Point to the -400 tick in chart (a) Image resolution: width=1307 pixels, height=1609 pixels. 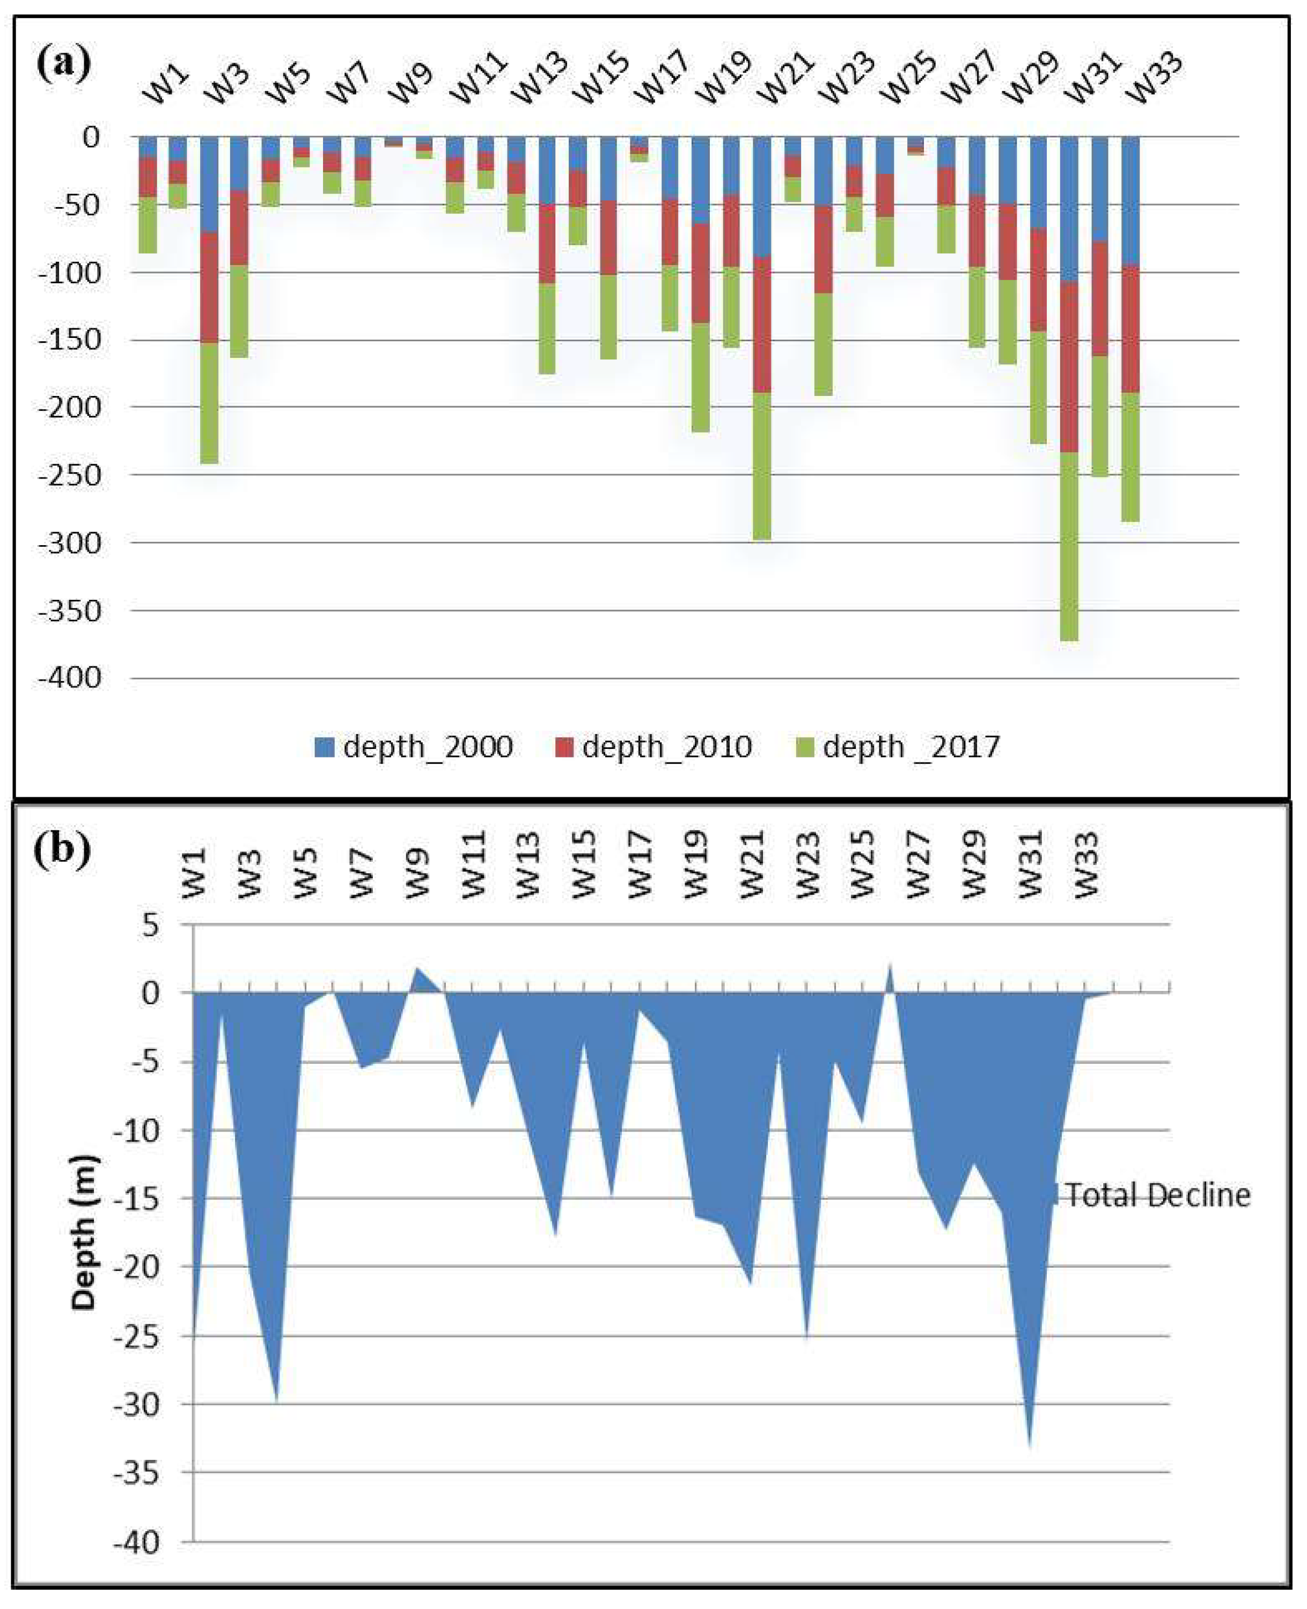click(70, 678)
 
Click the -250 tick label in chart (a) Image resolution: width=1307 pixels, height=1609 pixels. click(70, 475)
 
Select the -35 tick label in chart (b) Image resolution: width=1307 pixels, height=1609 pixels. click(138, 1473)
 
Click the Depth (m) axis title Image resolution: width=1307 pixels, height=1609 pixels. click(84, 1232)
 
